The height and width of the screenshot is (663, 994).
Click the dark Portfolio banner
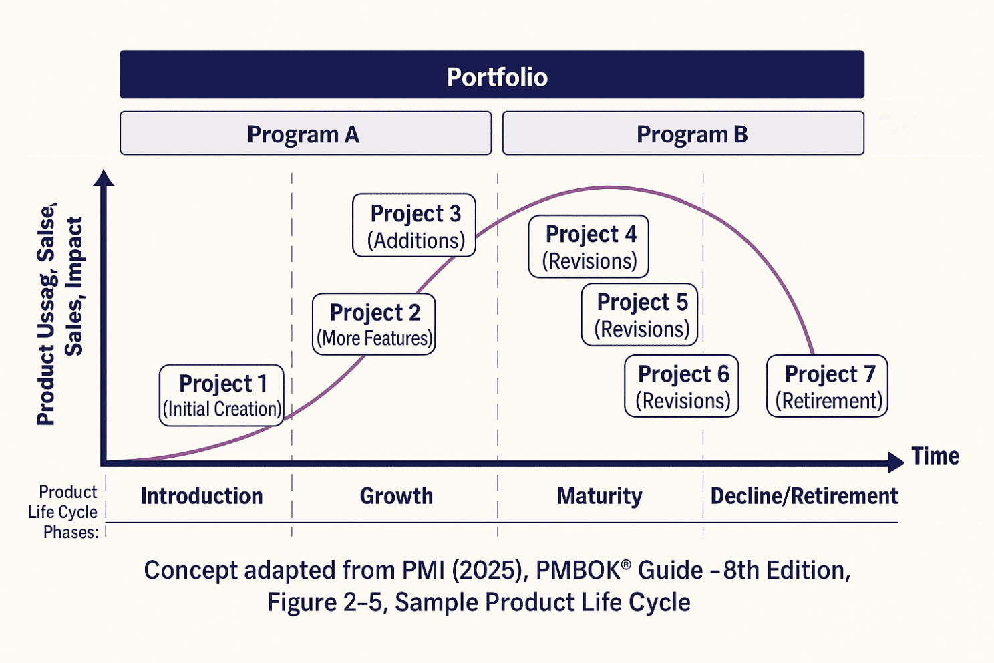pos(492,75)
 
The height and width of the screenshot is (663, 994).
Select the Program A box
pos(305,134)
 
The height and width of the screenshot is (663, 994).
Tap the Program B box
pos(683,134)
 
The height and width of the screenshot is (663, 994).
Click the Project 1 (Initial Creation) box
pos(222,395)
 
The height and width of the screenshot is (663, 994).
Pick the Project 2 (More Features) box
pos(374,324)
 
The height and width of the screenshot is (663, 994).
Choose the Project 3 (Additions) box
pos(414,226)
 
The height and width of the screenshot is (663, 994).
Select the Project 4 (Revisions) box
pos(589,246)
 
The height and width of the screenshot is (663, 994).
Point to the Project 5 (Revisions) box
pos(640,315)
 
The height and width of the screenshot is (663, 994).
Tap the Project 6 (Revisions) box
pos(681,386)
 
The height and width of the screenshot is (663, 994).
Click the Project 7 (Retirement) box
pos(827,386)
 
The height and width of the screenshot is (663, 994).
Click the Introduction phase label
pos(201,496)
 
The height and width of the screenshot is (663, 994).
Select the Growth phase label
pos(396,496)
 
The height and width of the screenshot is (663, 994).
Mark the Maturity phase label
pos(599,496)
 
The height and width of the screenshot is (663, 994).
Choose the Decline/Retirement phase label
pos(804,496)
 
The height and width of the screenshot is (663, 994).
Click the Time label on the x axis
pos(935,456)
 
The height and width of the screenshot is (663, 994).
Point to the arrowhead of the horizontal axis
pos(896,462)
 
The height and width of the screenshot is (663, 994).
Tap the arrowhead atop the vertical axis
pos(104,178)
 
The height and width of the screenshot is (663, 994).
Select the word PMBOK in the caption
pos(578,571)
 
